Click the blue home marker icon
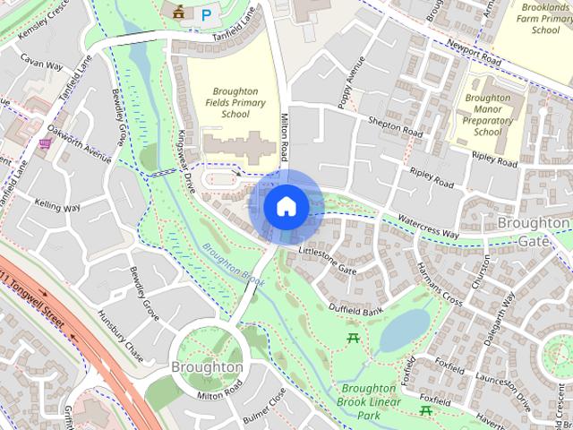click(286, 206)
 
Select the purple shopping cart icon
click(45, 142)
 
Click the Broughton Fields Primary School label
click(236, 103)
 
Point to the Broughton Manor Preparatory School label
click(488, 115)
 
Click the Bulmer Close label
click(264, 406)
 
